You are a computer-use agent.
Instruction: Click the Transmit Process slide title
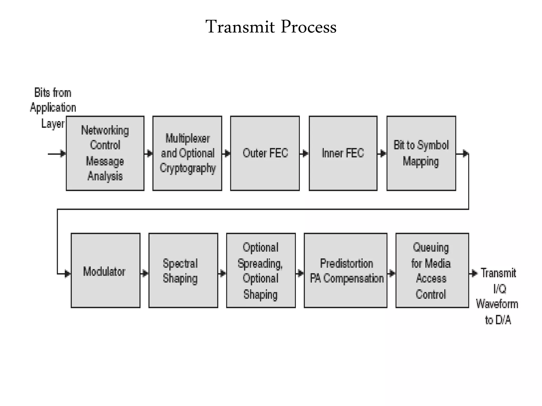[271, 27]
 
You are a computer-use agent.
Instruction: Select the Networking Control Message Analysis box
[105, 153]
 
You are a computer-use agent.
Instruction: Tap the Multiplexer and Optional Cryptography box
[187, 153]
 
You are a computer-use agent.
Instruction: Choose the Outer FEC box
[265, 153]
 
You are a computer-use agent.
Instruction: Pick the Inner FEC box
[343, 153]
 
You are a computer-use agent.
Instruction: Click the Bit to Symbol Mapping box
[421, 153]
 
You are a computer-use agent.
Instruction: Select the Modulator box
[105, 270]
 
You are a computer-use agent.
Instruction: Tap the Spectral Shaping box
[183, 270]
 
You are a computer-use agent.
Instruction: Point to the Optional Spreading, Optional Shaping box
[261, 270]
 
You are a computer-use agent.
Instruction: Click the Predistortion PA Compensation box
[346, 270]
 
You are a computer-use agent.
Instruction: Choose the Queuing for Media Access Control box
[432, 270]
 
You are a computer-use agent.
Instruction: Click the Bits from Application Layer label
[53, 108]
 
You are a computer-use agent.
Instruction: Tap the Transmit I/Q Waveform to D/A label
[498, 296]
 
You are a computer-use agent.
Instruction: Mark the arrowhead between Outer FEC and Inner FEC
[305, 153]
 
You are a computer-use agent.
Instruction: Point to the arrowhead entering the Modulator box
[67, 274]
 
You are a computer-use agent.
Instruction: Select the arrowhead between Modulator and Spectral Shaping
[145, 273]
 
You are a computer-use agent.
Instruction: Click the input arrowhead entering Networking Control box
[63, 153]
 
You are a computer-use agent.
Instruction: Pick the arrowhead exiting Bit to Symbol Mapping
[465, 153]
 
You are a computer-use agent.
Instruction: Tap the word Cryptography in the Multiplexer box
[188, 168]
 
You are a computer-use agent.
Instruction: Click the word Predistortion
[346, 263]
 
